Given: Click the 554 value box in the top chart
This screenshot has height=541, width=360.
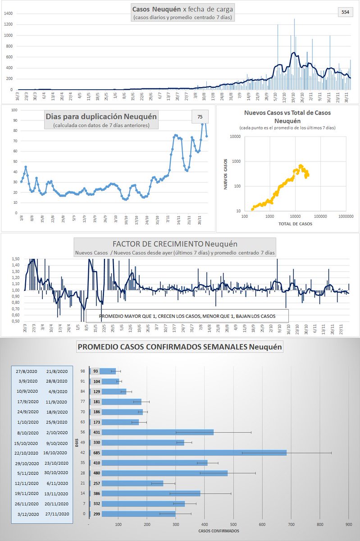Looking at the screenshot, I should pos(345,12).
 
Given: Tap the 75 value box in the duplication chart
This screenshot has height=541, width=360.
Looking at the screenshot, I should pos(200,117).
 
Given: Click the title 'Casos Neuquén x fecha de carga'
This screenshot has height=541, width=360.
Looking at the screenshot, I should pos(183,9).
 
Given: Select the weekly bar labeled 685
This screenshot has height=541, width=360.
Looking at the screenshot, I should pos(198,452).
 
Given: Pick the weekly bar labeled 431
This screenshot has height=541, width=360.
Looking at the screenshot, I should pos(151,432).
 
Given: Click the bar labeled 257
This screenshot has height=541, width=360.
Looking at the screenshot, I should pos(126,483).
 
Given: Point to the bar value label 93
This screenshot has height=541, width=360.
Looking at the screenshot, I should pos(96,371).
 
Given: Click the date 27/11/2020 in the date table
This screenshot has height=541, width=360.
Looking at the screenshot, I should pos(57,514).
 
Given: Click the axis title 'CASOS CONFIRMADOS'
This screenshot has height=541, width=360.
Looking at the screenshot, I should pos(219,531).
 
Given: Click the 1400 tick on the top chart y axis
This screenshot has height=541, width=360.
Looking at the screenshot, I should pos(8,14).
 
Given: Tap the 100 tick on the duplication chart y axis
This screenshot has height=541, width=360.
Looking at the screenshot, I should pos(14,110).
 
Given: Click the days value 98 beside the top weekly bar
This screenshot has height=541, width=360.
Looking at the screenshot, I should pos(82,371).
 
